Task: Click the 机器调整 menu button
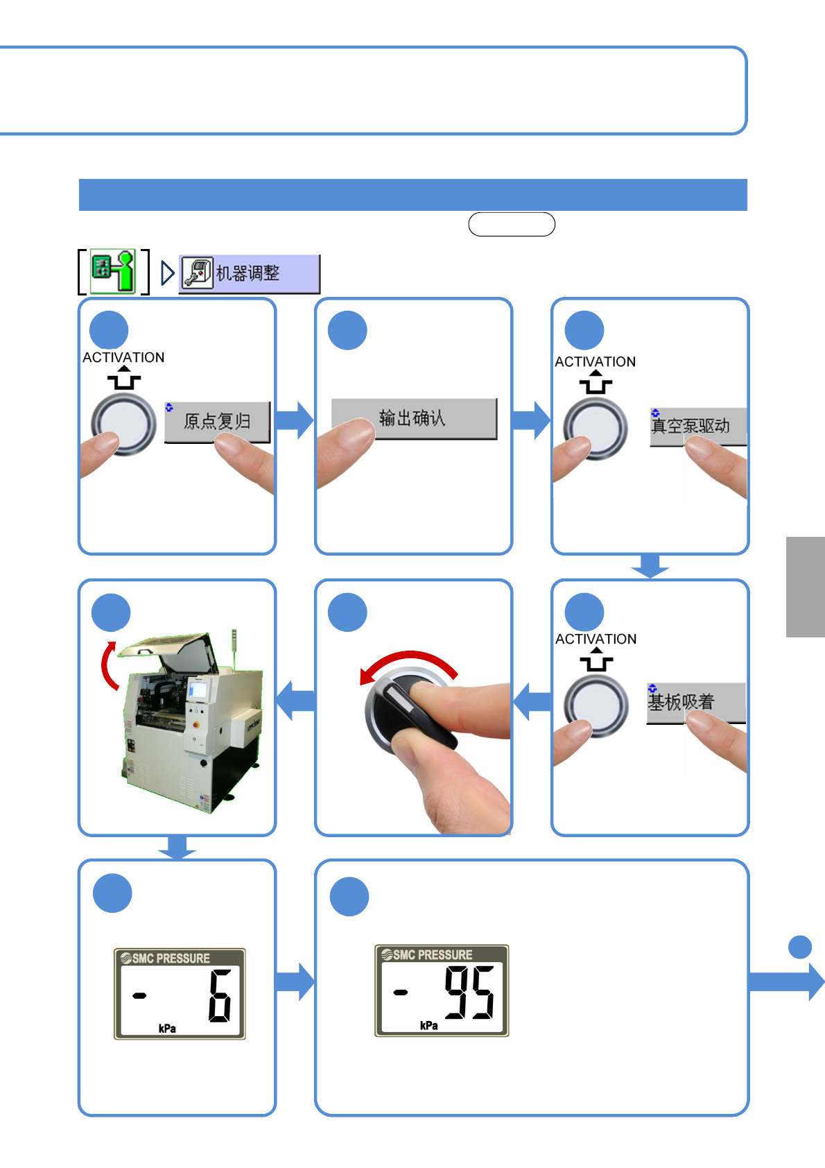point(249,274)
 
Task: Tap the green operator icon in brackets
point(113,272)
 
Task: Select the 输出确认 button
point(415,419)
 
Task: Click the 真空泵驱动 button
point(698,427)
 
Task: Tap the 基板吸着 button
point(696,703)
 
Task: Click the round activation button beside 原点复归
point(123,424)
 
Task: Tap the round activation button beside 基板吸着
point(596,706)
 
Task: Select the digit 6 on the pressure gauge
point(219,995)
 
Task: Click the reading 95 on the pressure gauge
point(469,992)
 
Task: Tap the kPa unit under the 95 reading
point(429,1025)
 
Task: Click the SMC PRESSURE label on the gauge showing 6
point(165,958)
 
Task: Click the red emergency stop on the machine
point(196,724)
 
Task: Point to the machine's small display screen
point(198,690)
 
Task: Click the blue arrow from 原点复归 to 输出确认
point(295,420)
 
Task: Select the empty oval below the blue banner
point(512,224)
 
